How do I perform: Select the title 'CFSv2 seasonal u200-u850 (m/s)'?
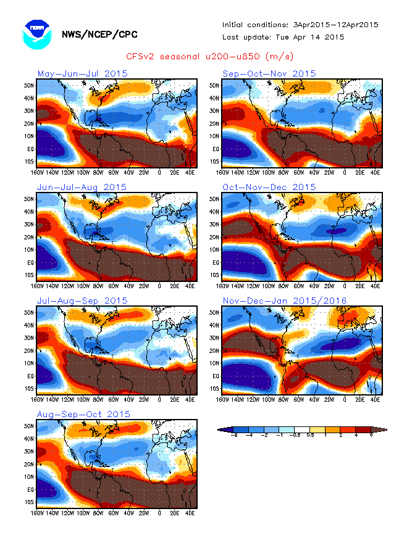[210, 57]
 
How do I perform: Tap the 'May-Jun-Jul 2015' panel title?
[83, 73]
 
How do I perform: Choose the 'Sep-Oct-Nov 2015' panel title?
[269, 73]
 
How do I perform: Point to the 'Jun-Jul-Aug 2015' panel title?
[82, 187]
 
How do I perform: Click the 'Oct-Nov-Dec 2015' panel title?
[269, 187]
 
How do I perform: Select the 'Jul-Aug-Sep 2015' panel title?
[83, 301]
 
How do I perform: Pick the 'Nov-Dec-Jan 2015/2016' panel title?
[285, 301]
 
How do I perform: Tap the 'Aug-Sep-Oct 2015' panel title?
[83, 414]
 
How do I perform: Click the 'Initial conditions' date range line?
[300, 25]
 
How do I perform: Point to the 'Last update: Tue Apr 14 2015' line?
[283, 37]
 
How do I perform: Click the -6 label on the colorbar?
[234, 436]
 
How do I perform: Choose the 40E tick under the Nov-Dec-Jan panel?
[375, 400]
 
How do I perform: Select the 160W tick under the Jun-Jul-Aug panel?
[38, 286]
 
